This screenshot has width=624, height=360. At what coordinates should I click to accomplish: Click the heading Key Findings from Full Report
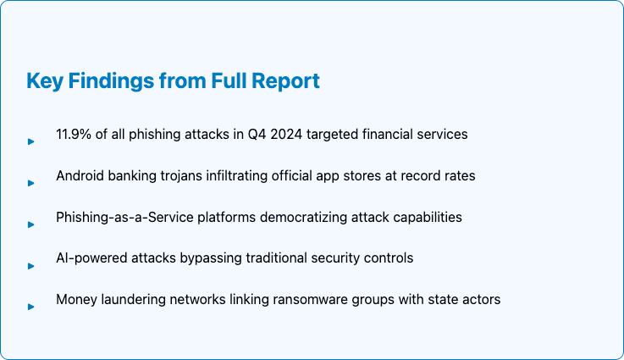point(173,81)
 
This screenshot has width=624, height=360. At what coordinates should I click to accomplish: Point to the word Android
point(81,175)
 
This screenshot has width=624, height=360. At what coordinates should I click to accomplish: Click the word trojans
point(184,175)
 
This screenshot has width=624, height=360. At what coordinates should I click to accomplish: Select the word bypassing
point(209,258)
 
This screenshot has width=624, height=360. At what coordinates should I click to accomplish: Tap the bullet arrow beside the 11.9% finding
point(31,141)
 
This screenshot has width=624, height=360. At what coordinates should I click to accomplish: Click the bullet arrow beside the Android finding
point(31,183)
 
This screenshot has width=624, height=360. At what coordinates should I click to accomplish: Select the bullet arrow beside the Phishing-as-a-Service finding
point(31,224)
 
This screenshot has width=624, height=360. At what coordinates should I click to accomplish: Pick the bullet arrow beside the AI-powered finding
point(31,265)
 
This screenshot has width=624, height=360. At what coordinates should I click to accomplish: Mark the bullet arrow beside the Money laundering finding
point(31,307)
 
